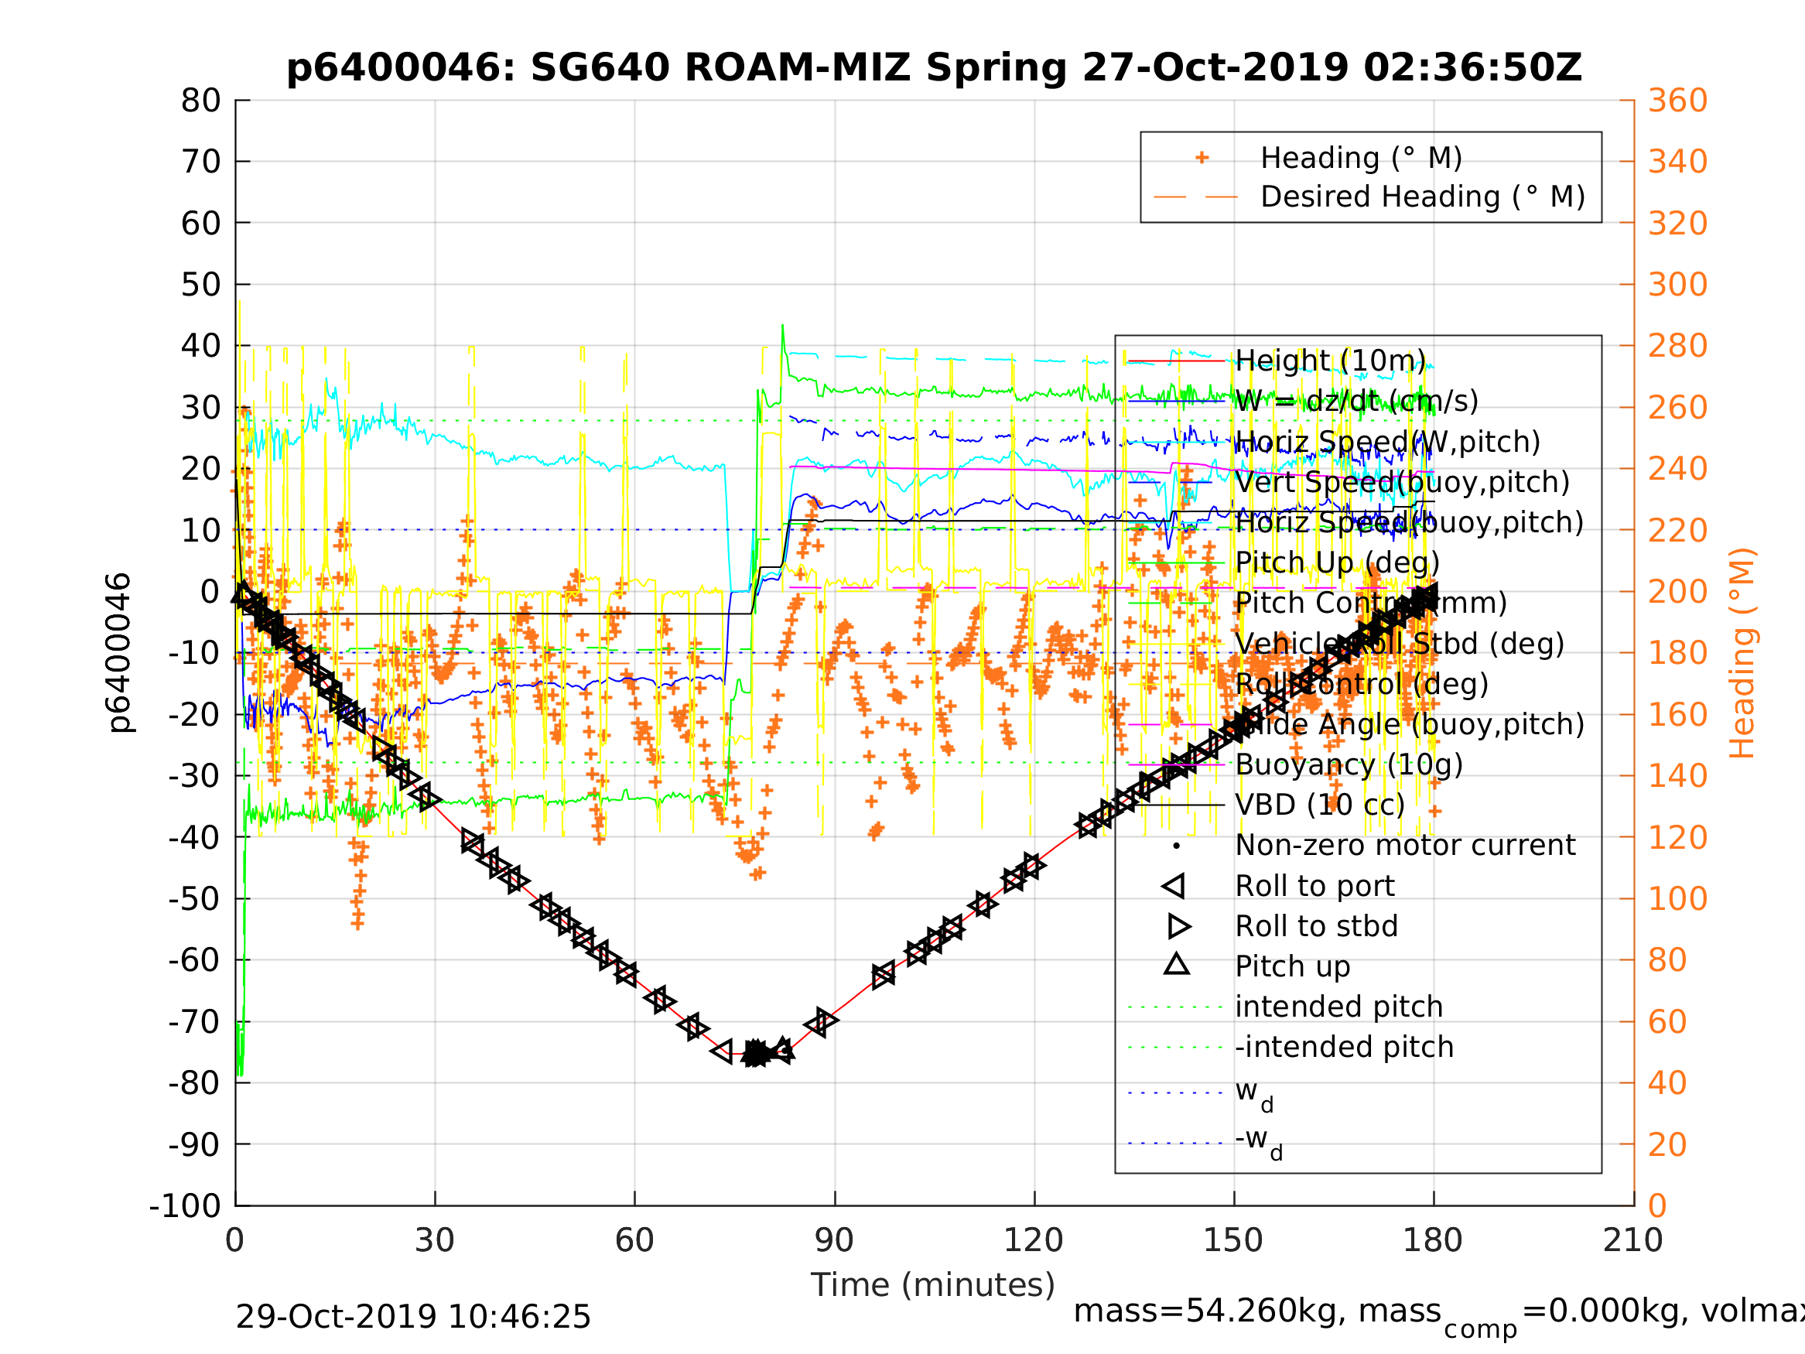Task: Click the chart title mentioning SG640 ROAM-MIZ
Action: pos(934,68)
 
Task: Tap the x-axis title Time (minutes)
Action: pos(933,1284)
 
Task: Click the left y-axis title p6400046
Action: pos(118,652)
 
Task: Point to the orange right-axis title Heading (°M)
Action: pos(1742,652)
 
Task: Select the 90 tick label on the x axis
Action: pos(834,1240)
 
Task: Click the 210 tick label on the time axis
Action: pos(1632,1240)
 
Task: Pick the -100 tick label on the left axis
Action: pos(185,1205)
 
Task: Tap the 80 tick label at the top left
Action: pos(200,101)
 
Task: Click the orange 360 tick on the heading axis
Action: pos(1677,101)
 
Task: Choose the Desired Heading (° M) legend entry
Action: pos(1422,197)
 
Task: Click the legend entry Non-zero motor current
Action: pos(1405,846)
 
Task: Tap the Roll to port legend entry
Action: pos(1314,887)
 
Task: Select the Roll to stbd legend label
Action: pos(1316,926)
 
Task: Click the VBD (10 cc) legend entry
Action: pos(1319,805)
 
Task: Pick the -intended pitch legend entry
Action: pos(1344,1047)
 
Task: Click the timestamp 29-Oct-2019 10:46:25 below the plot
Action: pos(413,1318)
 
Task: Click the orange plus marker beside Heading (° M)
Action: pos(1202,158)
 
